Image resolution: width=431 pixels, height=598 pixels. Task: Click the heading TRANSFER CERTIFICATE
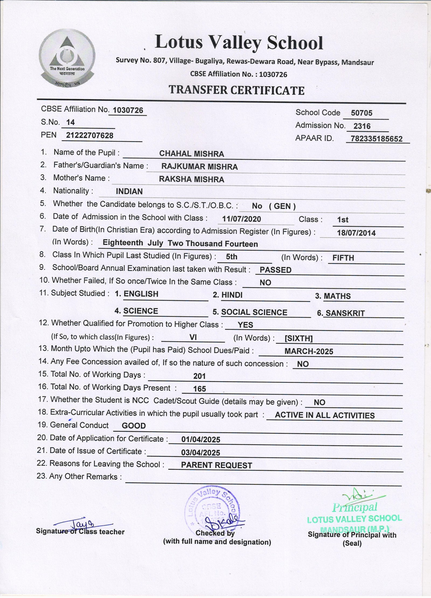pyautogui.click(x=237, y=90)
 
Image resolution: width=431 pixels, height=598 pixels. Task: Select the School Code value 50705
pyautogui.click(x=362, y=113)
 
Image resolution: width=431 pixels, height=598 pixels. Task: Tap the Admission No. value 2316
pyautogui.click(x=362, y=126)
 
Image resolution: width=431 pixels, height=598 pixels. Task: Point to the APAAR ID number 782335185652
pyautogui.click(x=377, y=139)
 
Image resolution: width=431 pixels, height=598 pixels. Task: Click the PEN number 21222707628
pyautogui.click(x=90, y=135)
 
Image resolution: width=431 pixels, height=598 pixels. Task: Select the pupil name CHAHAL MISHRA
pyautogui.click(x=192, y=154)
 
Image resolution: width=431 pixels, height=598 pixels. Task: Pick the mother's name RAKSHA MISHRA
pyautogui.click(x=192, y=179)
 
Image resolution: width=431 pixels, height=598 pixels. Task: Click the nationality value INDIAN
pyautogui.click(x=129, y=192)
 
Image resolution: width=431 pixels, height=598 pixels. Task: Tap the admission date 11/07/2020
pyautogui.click(x=242, y=219)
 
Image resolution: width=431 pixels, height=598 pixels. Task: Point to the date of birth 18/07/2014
pyautogui.click(x=356, y=233)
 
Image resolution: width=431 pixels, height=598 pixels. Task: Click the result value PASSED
pyautogui.click(x=276, y=270)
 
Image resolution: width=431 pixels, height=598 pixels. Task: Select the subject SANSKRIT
pyautogui.click(x=345, y=313)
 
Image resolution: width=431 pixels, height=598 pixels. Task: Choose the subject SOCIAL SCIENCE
pyautogui.click(x=254, y=312)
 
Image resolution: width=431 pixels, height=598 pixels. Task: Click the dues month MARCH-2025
pyautogui.click(x=309, y=351)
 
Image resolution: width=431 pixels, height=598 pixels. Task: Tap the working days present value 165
pyautogui.click(x=200, y=389)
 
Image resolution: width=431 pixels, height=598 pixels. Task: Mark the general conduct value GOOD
pyautogui.click(x=134, y=426)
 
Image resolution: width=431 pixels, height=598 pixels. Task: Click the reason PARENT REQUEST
pyautogui.click(x=217, y=465)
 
